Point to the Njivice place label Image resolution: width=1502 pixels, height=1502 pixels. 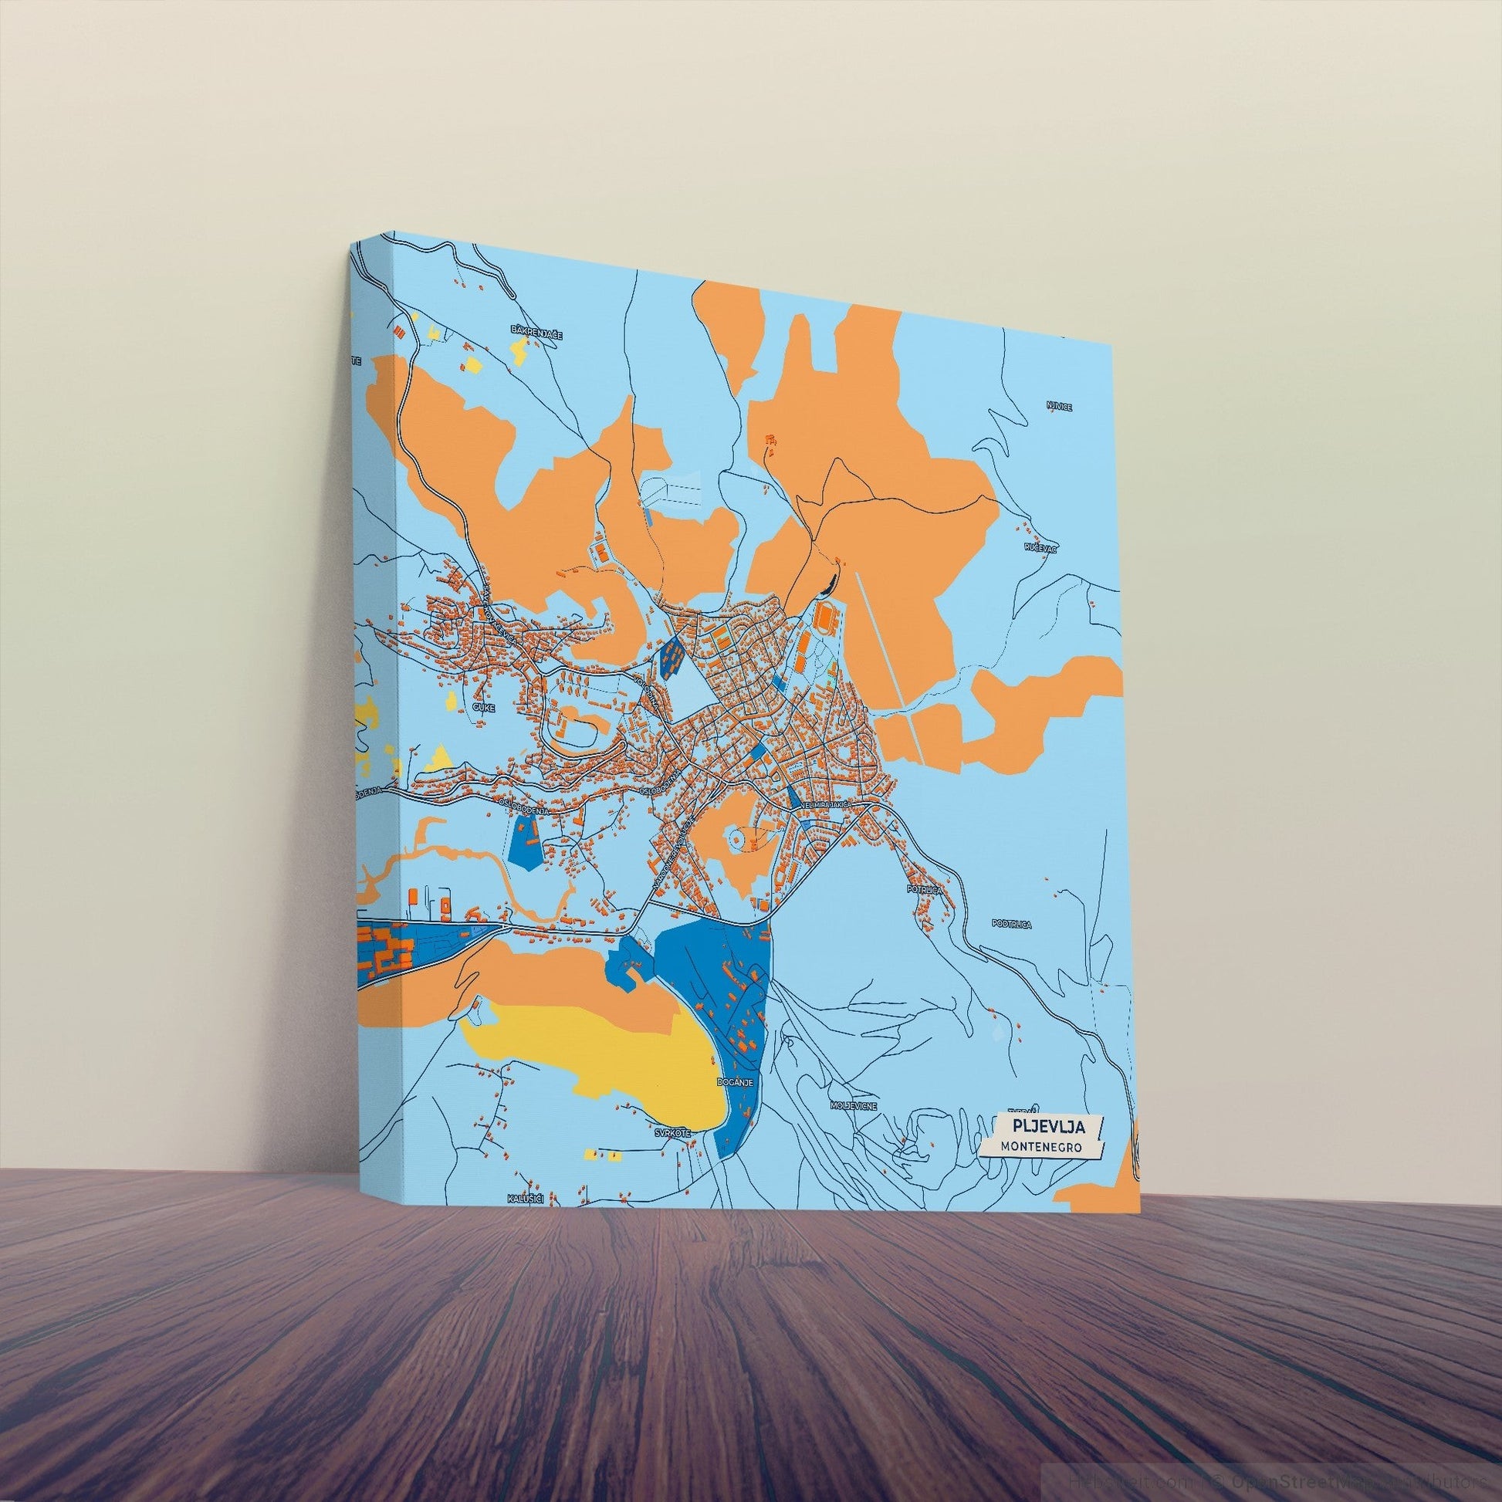[1059, 407]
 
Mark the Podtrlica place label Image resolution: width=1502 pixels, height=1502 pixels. [1011, 925]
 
